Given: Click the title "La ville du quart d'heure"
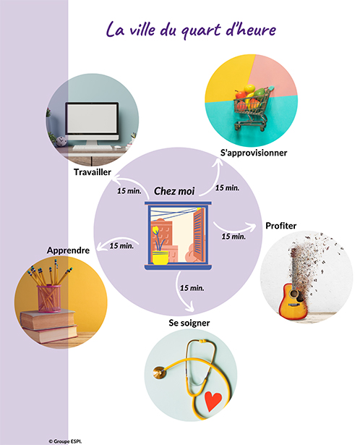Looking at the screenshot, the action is [x=191, y=30].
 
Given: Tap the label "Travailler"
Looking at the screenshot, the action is [x=93, y=172].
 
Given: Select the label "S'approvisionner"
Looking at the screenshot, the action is [x=254, y=153].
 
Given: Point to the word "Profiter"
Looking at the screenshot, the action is [x=281, y=226].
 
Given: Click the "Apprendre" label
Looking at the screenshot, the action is [x=68, y=250].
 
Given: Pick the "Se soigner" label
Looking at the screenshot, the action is [x=189, y=323].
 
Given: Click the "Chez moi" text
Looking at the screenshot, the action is [x=174, y=191].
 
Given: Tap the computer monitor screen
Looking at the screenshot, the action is [x=92, y=119].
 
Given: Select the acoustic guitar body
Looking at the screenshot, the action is [x=293, y=302].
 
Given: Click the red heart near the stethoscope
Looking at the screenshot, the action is [x=213, y=401].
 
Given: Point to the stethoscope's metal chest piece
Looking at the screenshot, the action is [x=159, y=373].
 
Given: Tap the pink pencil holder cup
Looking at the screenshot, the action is [x=49, y=299].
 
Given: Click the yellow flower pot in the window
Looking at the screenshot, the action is [x=160, y=258].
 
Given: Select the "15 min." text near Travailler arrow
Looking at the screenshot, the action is [x=129, y=191].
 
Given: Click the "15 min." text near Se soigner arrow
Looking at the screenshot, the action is [x=192, y=288].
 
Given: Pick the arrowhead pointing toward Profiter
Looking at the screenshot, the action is [x=252, y=226].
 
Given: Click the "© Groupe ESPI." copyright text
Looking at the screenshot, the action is [x=65, y=441].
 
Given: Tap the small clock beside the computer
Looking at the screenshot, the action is [x=61, y=141].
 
